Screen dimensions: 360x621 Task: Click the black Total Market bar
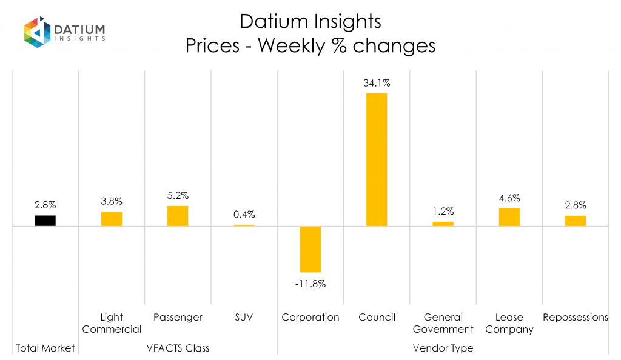coord(45,221)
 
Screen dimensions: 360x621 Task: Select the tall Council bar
coord(377,159)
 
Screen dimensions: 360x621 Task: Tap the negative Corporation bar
coord(310,249)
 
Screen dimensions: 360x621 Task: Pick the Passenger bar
coord(178,216)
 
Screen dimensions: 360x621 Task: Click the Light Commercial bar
coord(112,219)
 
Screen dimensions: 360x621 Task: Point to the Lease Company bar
coord(509,217)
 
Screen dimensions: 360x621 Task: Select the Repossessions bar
coord(576,221)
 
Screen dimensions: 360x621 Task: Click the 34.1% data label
coord(377,84)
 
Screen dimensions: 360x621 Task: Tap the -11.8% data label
coord(310,283)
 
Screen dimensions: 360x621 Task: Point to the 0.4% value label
coord(244,215)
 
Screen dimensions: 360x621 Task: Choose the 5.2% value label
coord(178,196)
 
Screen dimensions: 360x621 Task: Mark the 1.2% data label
coord(443,212)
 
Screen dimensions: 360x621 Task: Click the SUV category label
coord(244,317)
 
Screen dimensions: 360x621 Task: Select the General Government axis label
coord(443,323)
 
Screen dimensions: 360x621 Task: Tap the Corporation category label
coord(310,317)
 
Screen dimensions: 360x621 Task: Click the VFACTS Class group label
coord(178,348)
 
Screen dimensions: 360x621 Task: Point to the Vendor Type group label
coord(443,348)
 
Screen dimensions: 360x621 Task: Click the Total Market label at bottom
coord(45,348)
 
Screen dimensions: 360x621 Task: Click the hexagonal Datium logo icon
coord(36,33)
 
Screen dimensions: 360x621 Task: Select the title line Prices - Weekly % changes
coord(310,46)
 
